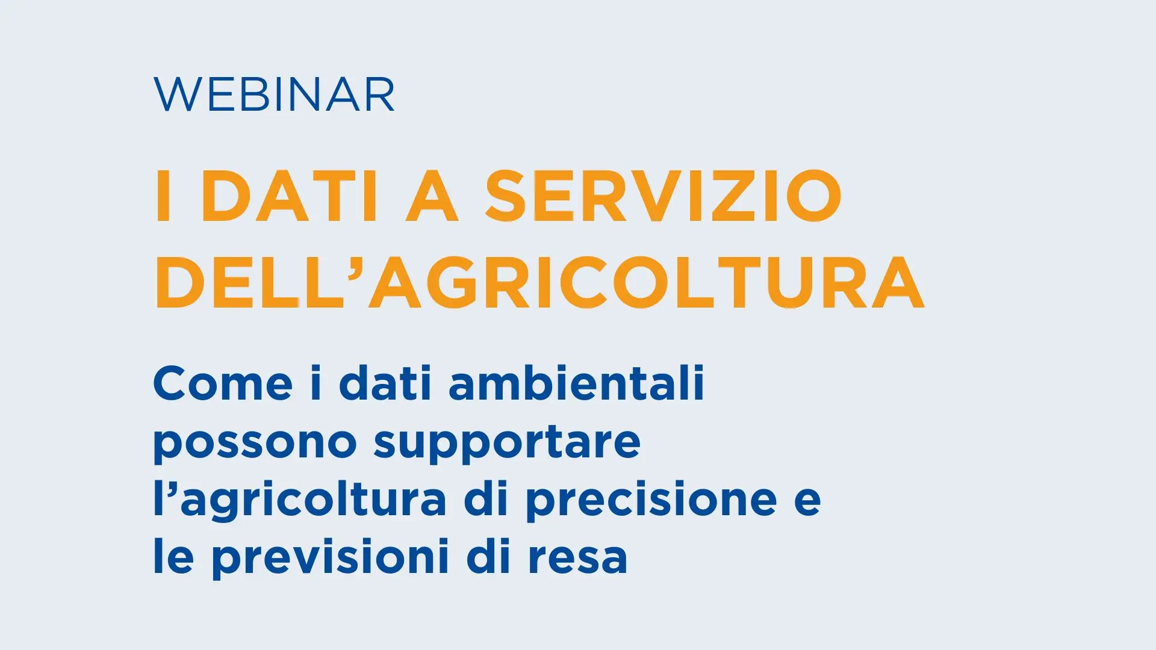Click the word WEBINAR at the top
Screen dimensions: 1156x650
(275, 94)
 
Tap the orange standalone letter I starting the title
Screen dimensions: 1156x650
(164, 196)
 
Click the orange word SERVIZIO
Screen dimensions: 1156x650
(663, 196)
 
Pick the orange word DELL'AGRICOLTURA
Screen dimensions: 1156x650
(539, 282)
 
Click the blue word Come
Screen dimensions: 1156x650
(223, 383)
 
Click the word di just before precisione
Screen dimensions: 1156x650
(486, 498)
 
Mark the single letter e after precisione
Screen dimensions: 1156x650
(807, 502)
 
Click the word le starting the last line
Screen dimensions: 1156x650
(173, 556)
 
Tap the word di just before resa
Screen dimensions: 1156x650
(488, 556)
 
